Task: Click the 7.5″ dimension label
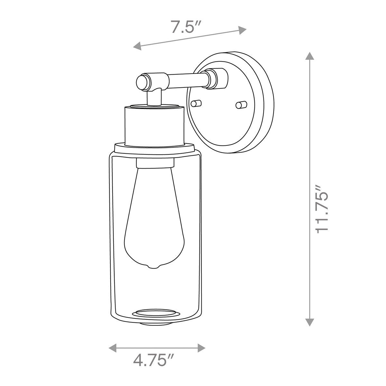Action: click(184, 26)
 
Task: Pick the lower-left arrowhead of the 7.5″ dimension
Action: click(137, 46)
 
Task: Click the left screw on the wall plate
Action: click(196, 103)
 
